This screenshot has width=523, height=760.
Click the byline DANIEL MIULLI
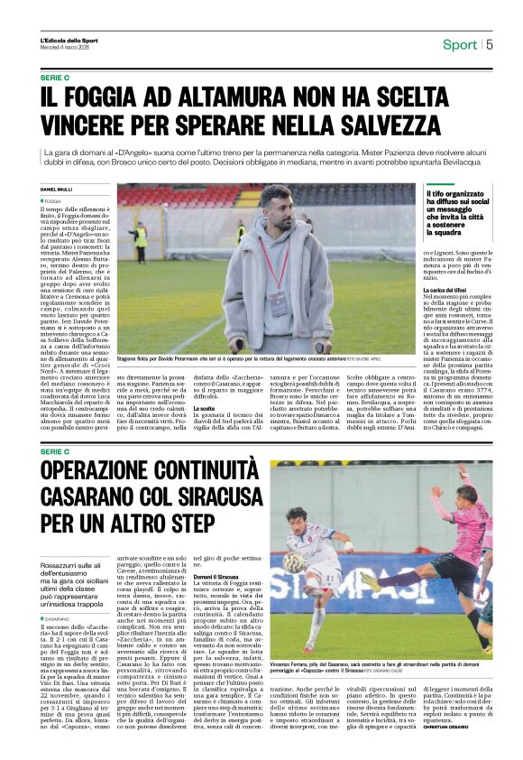(57, 189)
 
